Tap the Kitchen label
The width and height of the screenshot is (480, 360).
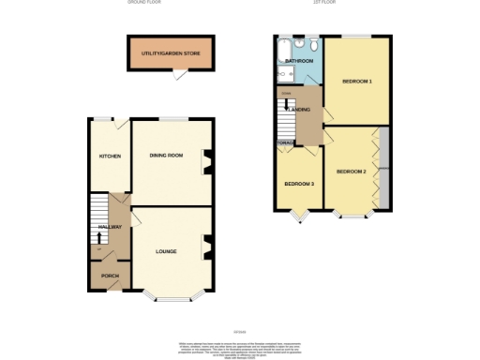(110, 157)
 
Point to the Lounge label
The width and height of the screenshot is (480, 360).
(167, 251)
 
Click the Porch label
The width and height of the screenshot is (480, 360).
(110, 276)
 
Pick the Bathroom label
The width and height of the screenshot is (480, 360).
(299, 61)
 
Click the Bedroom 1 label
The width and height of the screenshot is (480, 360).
(357, 82)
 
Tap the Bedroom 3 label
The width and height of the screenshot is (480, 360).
(298, 183)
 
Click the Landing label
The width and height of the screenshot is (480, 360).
(300, 110)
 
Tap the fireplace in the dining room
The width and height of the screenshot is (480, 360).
(208, 161)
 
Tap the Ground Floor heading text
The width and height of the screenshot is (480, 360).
(143, 3)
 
